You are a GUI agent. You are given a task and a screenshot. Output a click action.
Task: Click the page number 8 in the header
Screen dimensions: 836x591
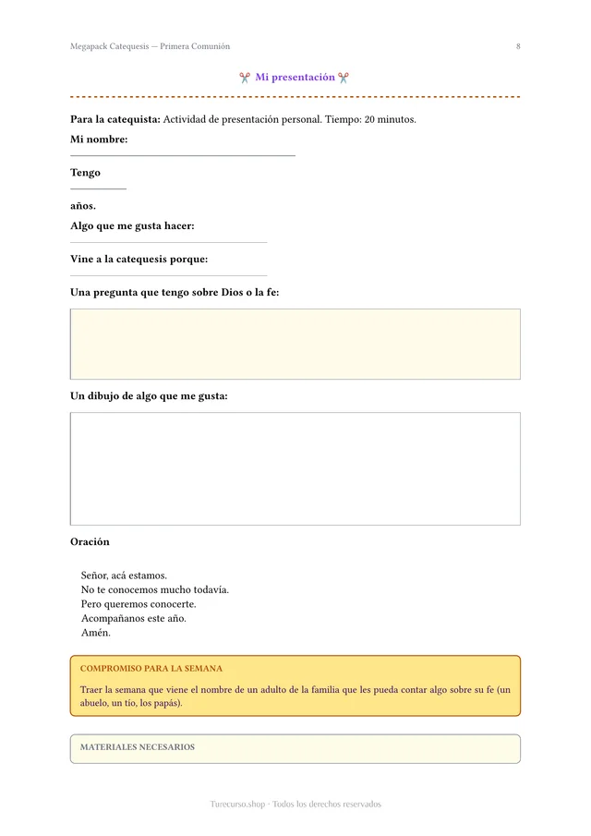pyautogui.click(x=518, y=46)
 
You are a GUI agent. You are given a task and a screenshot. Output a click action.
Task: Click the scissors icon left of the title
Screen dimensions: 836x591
pyautogui.click(x=244, y=78)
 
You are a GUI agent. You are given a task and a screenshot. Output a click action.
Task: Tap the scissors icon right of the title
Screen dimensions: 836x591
pyautogui.click(x=344, y=78)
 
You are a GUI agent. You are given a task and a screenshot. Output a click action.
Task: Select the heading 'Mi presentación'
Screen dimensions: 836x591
pyautogui.click(x=295, y=78)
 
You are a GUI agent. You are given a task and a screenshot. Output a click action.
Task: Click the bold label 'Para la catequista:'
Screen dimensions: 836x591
pyautogui.click(x=115, y=119)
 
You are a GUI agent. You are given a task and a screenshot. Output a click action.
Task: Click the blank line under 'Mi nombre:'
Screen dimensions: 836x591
pyautogui.click(x=183, y=156)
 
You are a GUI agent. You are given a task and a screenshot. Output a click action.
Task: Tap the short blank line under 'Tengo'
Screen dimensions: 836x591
pyautogui.click(x=98, y=189)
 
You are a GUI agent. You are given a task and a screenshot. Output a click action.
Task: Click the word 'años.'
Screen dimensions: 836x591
pyautogui.click(x=83, y=206)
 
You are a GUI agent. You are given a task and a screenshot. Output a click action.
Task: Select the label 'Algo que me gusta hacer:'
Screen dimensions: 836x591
pyautogui.click(x=132, y=226)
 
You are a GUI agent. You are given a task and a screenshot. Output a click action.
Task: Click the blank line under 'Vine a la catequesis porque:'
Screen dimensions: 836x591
pyautogui.click(x=169, y=275)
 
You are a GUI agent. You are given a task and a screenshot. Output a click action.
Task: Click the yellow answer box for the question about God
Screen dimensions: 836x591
pyautogui.click(x=295, y=344)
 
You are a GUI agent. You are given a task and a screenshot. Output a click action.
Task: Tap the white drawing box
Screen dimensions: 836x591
pyautogui.click(x=295, y=468)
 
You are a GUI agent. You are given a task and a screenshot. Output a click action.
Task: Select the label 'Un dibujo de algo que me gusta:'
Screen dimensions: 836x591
pyautogui.click(x=149, y=396)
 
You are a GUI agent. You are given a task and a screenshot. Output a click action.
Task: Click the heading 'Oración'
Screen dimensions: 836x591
pyautogui.click(x=90, y=542)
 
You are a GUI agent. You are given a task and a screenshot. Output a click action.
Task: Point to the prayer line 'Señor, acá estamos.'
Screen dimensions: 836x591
pyautogui.click(x=124, y=576)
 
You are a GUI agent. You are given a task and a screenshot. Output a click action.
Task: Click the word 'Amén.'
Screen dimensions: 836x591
pyautogui.click(x=96, y=633)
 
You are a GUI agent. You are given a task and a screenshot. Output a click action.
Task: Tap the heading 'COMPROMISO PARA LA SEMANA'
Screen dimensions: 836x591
pyautogui.click(x=151, y=668)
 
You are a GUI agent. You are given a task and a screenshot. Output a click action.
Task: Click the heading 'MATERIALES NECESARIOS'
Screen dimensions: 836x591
pyautogui.click(x=138, y=747)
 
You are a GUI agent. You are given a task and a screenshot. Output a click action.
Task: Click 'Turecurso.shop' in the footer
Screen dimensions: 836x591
pyautogui.click(x=238, y=805)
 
